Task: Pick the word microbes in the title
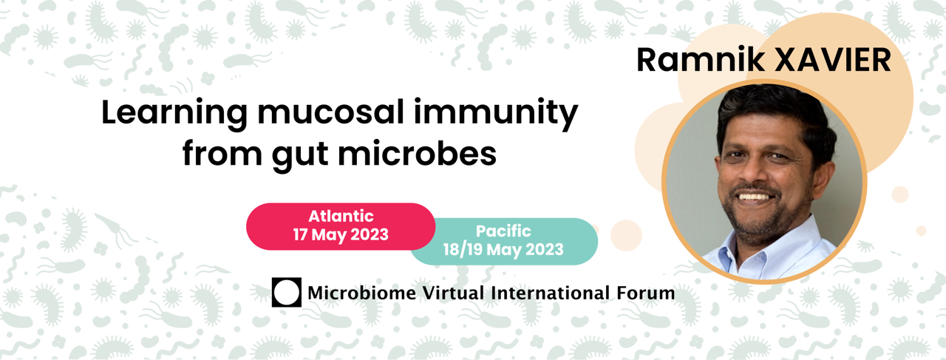click(418, 152)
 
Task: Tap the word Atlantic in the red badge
click(341, 217)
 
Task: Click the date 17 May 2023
click(341, 234)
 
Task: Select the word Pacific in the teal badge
click(503, 231)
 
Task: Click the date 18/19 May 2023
click(503, 249)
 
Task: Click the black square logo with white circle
click(287, 292)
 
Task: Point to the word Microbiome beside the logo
click(362, 293)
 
